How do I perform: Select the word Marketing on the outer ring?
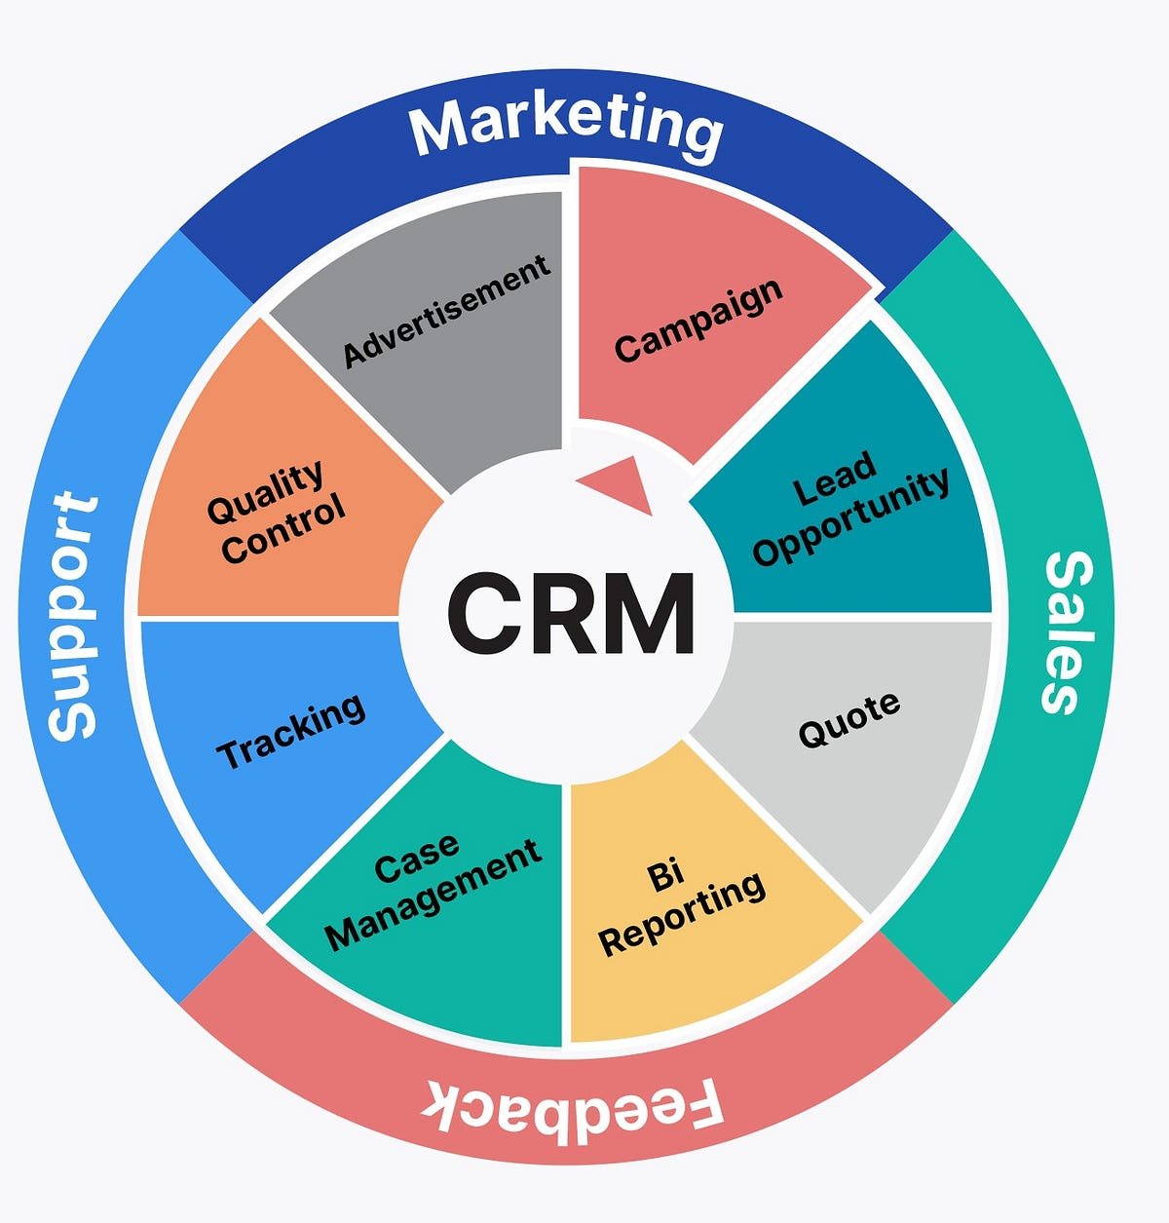[566, 127]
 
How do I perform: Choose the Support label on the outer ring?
[74, 616]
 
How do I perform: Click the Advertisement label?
[447, 311]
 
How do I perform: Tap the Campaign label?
[698, 319]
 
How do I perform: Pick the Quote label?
[848, 719]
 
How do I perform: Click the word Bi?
[665, 876]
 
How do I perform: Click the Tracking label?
[290, 731]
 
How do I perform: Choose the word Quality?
[265, 492]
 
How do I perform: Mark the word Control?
[283, 528]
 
